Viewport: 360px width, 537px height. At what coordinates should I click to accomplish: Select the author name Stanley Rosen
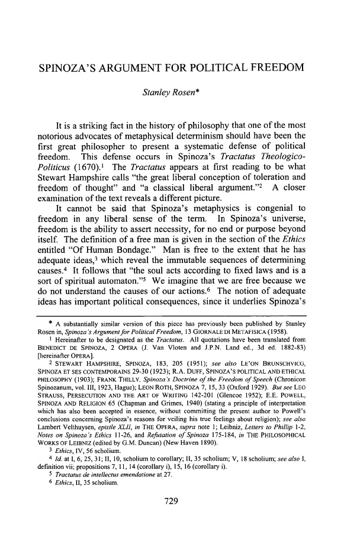[178, 91]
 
